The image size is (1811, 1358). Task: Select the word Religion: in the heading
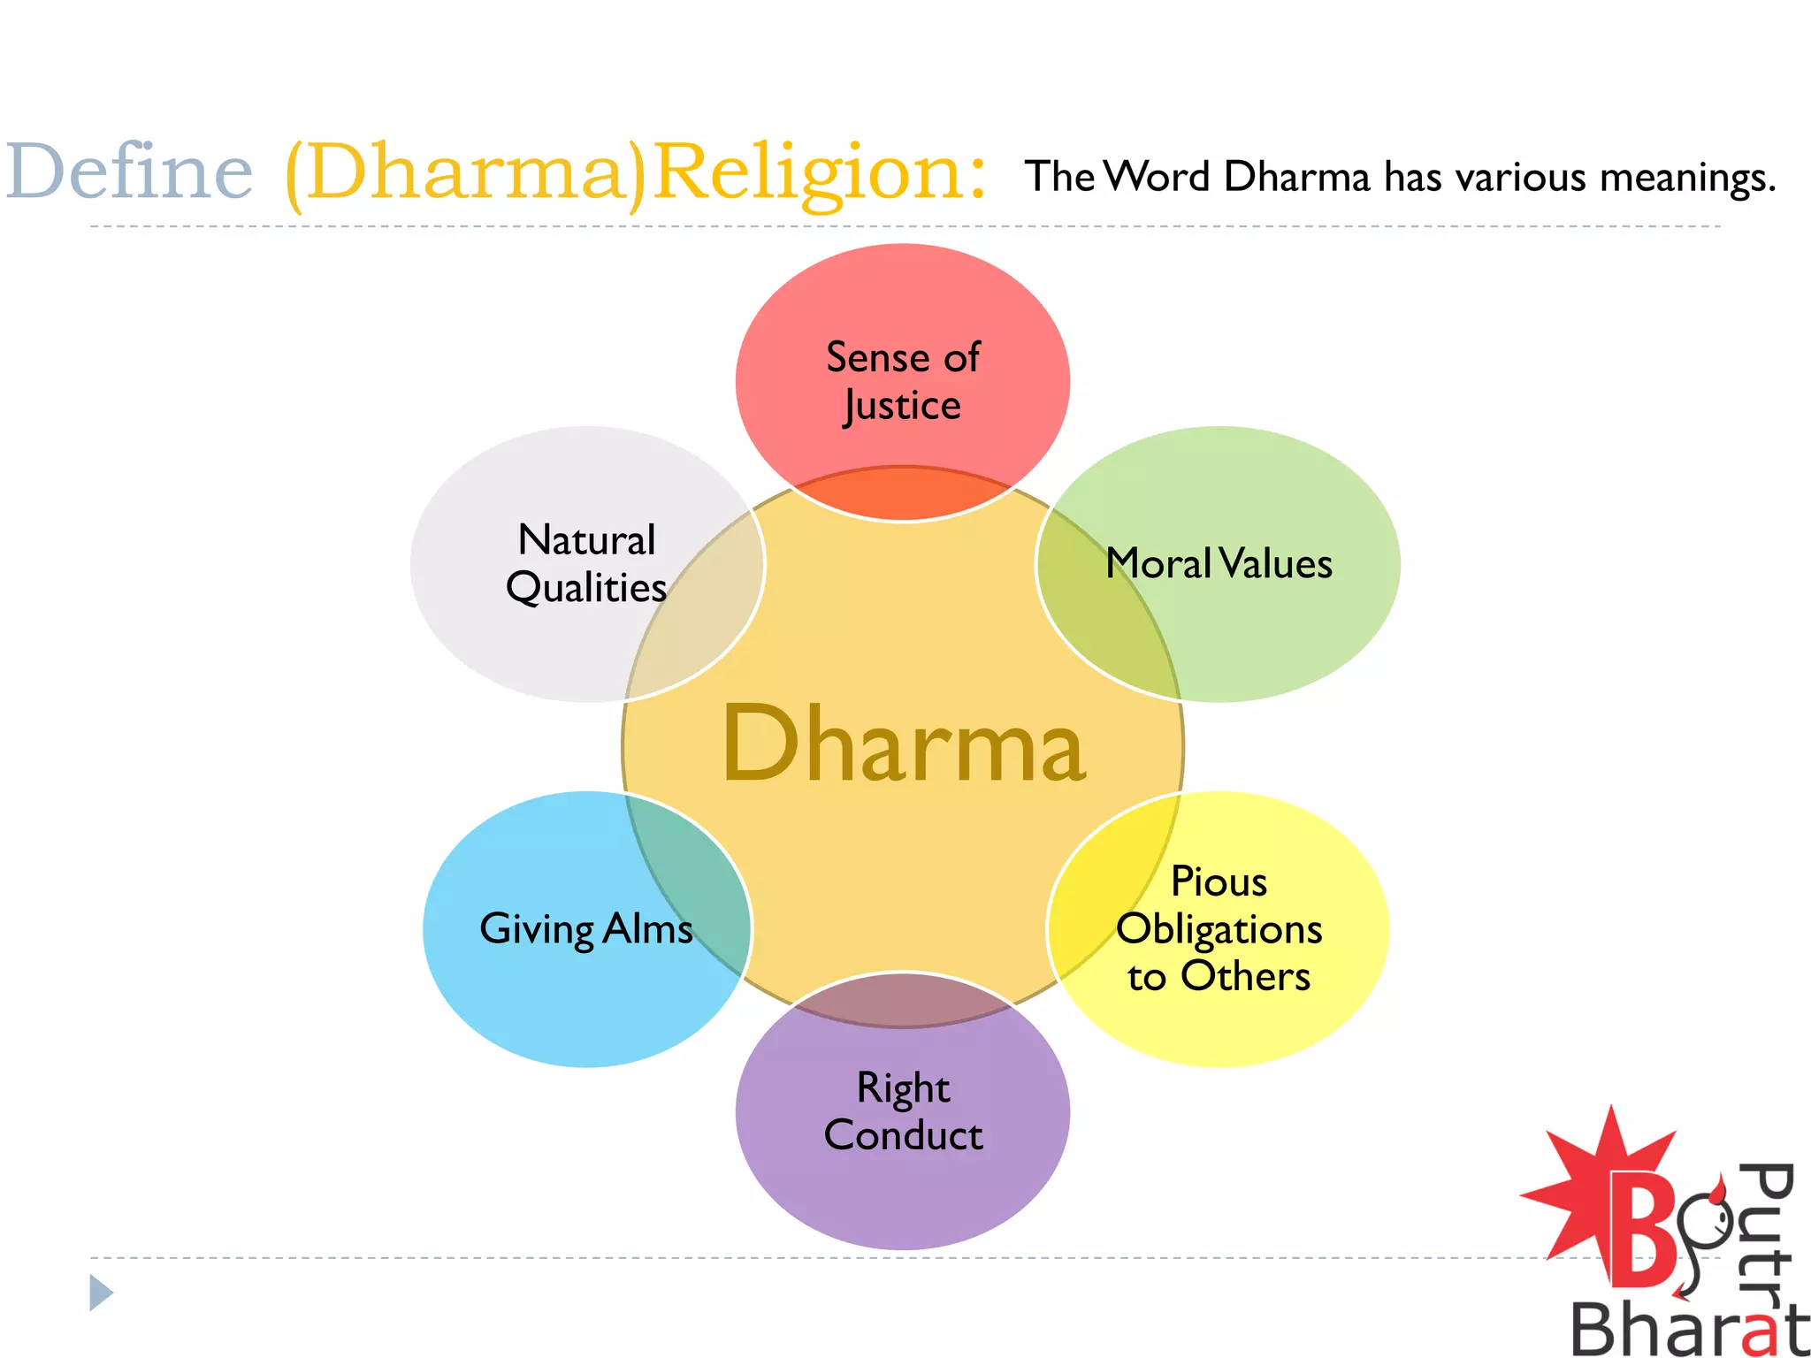819,173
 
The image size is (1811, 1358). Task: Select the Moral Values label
1219,564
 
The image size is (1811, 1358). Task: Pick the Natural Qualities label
585,564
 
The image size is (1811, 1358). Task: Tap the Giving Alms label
585,929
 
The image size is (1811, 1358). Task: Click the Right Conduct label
903,1111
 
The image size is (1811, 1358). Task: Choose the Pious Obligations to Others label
1219,929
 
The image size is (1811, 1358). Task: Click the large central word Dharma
903,744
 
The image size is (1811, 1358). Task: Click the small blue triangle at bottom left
101,1293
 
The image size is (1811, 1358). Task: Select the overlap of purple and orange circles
903,999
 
